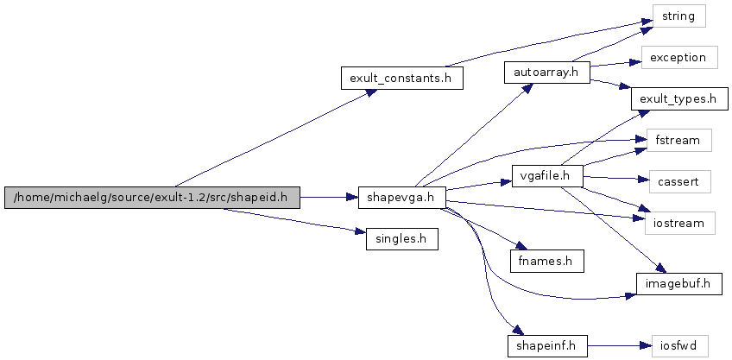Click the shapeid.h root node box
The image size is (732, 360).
coord(152,198)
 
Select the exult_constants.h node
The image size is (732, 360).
coord(401,78)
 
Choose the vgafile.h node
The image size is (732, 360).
coord(546,176)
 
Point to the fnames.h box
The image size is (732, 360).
coord(546,259)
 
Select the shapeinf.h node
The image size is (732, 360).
coord(546,346)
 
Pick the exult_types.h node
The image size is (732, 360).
coord(678,99)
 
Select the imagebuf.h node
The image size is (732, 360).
coord(678,283)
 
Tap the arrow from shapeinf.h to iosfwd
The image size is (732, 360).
coord(613,346)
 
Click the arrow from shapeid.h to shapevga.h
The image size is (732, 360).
coord(328,198)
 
